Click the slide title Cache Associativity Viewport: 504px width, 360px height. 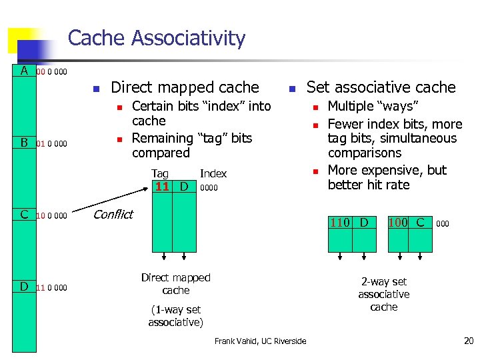157,39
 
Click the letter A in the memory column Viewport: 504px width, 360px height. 24,71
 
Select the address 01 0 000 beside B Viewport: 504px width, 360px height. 52,143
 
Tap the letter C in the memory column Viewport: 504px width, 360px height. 24,215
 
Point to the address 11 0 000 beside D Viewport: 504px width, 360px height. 52,288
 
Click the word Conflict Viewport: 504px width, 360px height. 113,214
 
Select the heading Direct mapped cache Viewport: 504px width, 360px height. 185,87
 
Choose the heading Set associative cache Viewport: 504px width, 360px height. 381,87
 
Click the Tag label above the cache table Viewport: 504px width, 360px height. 160,174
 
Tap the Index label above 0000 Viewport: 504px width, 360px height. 213,174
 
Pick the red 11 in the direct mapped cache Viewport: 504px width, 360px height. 162,187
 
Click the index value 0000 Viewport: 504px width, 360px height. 209,188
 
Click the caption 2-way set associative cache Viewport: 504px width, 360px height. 384,294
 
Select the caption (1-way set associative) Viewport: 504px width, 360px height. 175,316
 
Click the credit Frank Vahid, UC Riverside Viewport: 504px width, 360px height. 260,341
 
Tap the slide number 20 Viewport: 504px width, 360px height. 468,341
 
